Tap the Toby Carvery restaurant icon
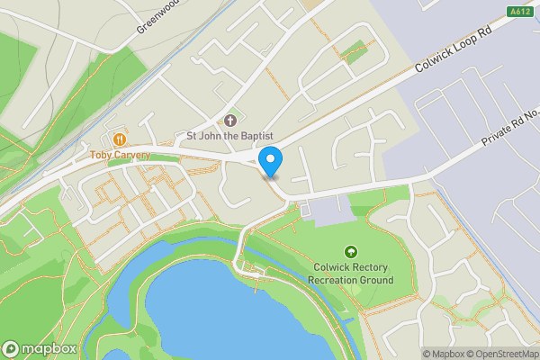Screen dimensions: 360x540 (119, 139)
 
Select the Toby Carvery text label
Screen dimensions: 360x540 (119, 156)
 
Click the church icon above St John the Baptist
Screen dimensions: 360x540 (229, 121)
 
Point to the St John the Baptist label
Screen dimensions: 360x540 (229, 137)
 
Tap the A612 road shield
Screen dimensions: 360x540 (519, 11)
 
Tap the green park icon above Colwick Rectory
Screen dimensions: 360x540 (350, 253)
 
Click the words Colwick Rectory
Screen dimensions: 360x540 (351, 267)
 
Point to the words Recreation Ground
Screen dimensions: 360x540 (351, 280)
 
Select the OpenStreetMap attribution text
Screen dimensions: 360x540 (499, 354)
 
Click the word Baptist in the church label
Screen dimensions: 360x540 (255, 137)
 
